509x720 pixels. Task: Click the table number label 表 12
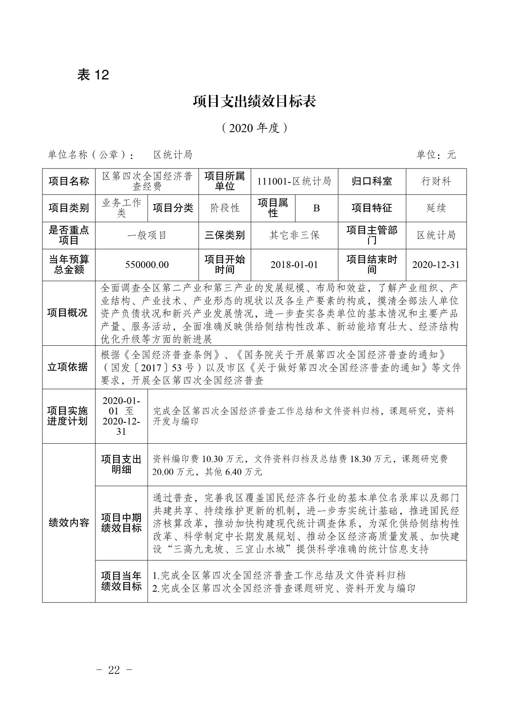click(93, 75)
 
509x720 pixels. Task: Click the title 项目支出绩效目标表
click(254, 101)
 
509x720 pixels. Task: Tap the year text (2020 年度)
click(254, 128)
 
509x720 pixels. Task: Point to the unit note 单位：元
click(436, 155)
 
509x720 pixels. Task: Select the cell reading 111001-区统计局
click(294, 181)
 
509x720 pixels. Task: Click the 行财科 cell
click(436, 181)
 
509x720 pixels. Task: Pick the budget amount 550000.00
click(147, 265)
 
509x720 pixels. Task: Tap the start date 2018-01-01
click(294, 265)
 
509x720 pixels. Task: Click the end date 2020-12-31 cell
click(436, 265)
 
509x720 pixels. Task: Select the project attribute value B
click(316, 208)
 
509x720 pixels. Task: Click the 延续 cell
click(436, 208)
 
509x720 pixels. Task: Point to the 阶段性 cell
click(225, 208)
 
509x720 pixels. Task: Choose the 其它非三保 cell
click(294, 235)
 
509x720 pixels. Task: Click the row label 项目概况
click(68, 313)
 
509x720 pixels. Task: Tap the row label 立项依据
click(68, 367)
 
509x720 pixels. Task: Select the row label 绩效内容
click(68, 523)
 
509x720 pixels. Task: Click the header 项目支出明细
click(121, 464)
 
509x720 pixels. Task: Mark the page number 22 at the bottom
click(114, 670)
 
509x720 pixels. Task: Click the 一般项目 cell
click(147, 235)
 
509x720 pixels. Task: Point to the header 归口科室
click(371, 181)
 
